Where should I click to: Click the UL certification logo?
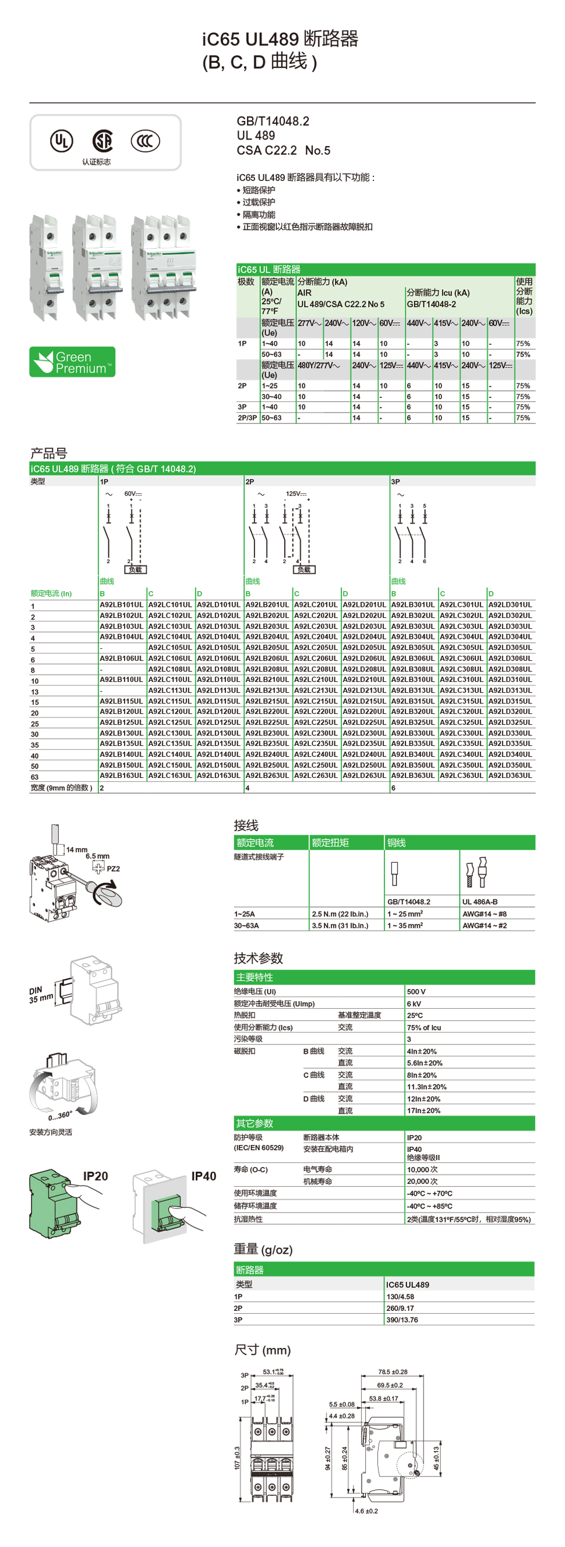point(61,141)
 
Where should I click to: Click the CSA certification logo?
point(102,141)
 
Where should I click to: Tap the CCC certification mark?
point(146,141)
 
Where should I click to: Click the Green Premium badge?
point(72,362)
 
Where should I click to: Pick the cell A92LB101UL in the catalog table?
point(121,604)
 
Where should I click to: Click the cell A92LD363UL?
point(510,776)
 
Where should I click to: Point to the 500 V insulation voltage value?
point(416,991)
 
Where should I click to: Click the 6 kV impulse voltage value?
point(414,1004)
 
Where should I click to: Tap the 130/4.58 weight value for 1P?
point(400,1297)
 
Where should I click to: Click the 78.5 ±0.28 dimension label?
point(393,1372)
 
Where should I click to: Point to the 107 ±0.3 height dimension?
point(238,1457)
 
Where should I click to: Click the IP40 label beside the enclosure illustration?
point(204,1176)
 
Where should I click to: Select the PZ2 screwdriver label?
point(113,869)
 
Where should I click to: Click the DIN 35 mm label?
point(40,994)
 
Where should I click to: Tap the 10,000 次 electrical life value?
point(422,1169)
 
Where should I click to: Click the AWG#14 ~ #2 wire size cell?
point(484,926)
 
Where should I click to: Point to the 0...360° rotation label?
point(60,1116)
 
